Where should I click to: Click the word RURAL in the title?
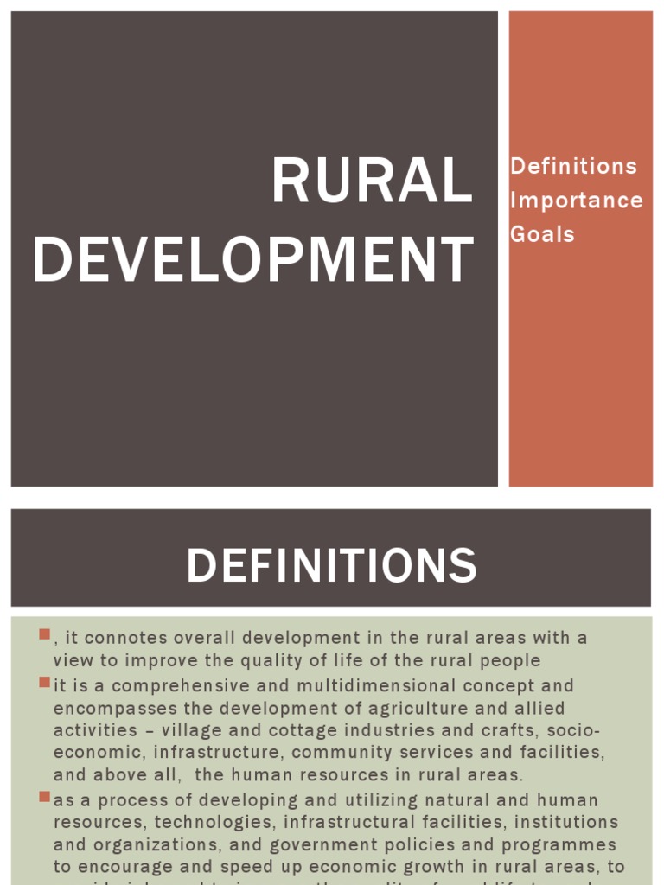tap(373, 181)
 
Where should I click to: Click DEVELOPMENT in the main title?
tap(253, 260)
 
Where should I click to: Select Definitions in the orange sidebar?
tap(573, 166)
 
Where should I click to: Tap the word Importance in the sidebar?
tap(576, 201)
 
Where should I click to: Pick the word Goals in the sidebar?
tap(542, 234)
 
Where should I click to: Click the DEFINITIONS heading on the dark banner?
tap(331, 566)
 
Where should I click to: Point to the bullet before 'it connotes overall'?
tap(45, 635)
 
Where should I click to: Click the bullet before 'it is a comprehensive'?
tap(45, 683)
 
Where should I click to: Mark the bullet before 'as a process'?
tap(45, 796)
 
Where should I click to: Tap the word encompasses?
tap(109, 708)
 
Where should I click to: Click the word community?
tap(341, 753)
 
